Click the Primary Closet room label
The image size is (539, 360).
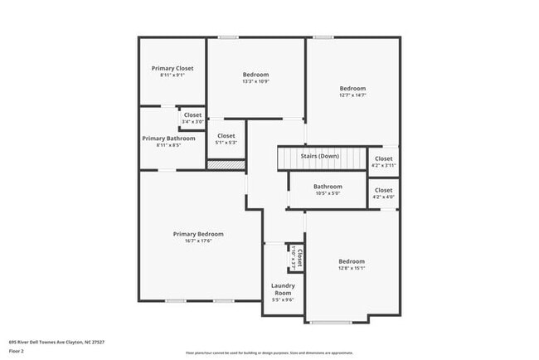pos(172,68)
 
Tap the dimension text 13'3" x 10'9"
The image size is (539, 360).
pos(255,81)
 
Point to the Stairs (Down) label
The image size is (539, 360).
pos(318,156)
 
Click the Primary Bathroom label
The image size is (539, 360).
pos(168,139)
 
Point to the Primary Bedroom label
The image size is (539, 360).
pos(198,234)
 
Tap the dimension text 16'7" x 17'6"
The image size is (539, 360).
pos(198,241)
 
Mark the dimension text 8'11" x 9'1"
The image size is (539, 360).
pos(172,75)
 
